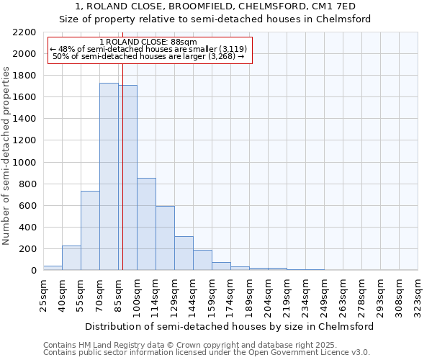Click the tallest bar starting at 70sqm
109,176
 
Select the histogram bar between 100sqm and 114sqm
146,224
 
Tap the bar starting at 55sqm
90,230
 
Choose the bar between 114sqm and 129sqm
165,240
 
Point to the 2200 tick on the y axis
24,32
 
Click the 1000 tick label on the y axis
24,163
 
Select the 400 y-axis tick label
27,228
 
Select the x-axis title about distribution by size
229,326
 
